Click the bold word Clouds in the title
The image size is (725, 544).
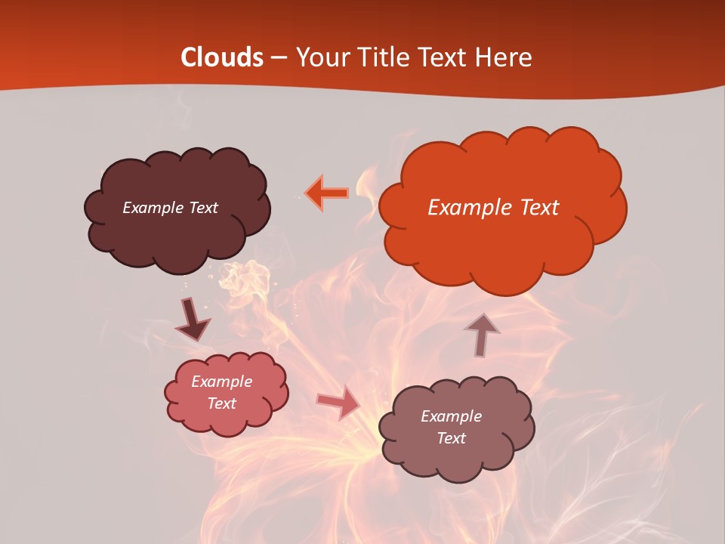tap(221, 57)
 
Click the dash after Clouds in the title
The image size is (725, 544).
tap(278, 57)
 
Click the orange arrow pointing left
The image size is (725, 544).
tap(326, 193)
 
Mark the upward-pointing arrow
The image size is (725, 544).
tap(481, 334)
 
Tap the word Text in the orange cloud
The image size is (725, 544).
tap(541, 208)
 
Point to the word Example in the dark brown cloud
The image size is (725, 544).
tap(153, 208)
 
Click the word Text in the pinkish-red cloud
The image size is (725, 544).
tap(222, 403)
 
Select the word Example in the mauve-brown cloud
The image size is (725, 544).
tap(451, 416)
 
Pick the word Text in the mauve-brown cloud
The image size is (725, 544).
tap(452, 438)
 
